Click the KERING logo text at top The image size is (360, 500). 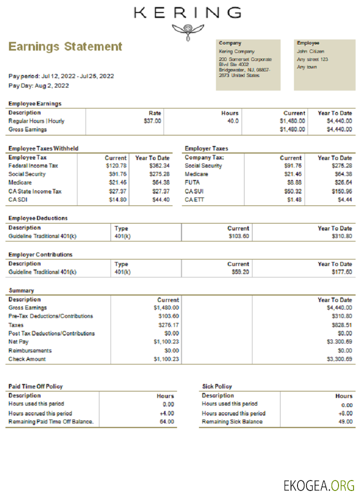(187, 12)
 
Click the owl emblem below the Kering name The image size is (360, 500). (187, 31)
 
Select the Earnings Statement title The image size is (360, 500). (65, 46)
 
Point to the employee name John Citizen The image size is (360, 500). (310, 51)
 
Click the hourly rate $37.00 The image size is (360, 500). (152, 121)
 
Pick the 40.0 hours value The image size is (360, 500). (233, 121)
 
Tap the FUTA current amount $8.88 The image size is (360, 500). (295, 182)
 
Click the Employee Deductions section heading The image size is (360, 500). (38, 218)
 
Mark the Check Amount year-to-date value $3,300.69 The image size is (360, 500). (339, 359)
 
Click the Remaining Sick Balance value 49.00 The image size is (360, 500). (345, 421)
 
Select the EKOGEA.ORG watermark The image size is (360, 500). (318, 485)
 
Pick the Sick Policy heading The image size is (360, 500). (217, 386)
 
